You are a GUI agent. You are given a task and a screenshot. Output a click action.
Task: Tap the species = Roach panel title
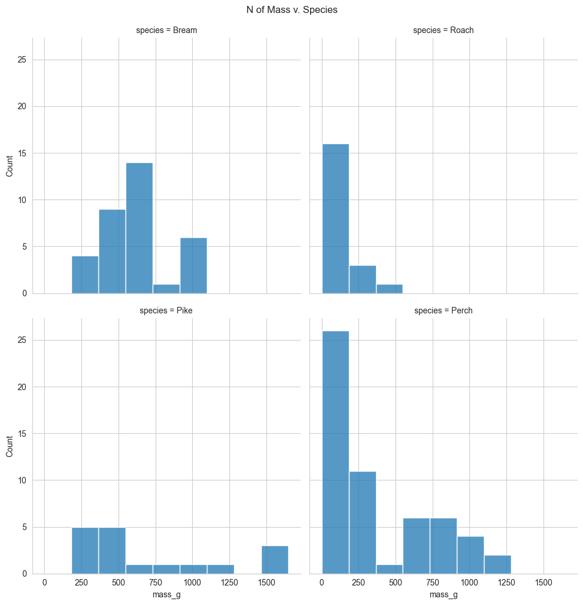(x=443, y=30)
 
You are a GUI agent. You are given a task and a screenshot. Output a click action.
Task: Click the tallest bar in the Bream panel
(x=139, y=228)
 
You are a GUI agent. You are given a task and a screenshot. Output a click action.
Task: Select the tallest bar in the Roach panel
(x=335, y=218)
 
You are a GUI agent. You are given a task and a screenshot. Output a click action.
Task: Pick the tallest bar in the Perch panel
(x=335, y=452)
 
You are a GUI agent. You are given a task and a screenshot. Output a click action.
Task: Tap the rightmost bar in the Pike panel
(x=275, y=560)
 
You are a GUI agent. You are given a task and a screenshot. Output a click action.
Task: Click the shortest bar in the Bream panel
(x=166, y=289)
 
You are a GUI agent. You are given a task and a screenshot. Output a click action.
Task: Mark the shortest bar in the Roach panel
(x=389, y=289)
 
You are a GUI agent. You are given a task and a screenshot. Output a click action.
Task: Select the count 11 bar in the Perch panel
(x=363, y=522)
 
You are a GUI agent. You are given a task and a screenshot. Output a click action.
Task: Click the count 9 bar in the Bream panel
(x=112, y=251)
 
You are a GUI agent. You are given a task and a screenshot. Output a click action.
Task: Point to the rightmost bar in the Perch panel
(x=498, y=564)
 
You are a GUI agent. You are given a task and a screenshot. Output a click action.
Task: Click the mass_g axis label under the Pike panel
(x=166, y=596)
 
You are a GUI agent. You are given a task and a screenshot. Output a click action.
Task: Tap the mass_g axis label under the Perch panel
(x=443, y=596)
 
